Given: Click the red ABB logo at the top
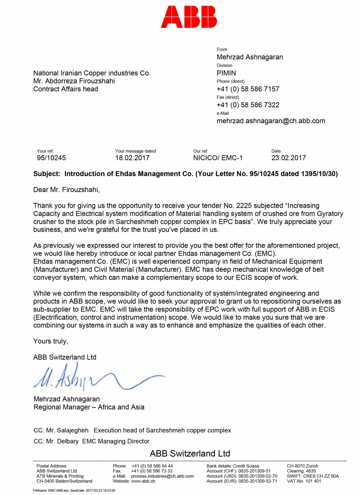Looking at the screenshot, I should coord(189,17).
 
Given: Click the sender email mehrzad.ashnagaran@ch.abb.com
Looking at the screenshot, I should coord(271,121).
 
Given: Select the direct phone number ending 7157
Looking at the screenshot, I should coord(248,89).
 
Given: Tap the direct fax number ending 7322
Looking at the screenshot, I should coord(248,105).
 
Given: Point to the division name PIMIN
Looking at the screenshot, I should coord(226,73).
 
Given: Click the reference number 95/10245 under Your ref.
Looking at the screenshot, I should coord(51,158).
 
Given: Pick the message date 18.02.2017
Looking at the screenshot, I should coord(132,158).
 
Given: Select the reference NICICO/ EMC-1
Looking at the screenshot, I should coord(218,158).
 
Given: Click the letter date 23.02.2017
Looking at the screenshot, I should coord(288,158).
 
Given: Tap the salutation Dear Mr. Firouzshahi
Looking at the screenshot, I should coord(66,189).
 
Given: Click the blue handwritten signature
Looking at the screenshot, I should coord(96,377).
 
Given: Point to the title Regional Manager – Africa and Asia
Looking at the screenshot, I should coord(89,407).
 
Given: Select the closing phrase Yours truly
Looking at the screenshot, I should coord(51,341).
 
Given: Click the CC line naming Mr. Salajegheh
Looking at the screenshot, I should coord(132,431).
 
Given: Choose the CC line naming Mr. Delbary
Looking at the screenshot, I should coord(91,441).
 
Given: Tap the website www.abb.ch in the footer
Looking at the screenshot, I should coord(143,481).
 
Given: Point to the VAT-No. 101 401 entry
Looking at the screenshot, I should coord(304,481).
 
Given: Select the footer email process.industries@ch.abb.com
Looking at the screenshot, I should coord(162,476).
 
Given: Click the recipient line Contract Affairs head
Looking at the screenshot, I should coord(66,89).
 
